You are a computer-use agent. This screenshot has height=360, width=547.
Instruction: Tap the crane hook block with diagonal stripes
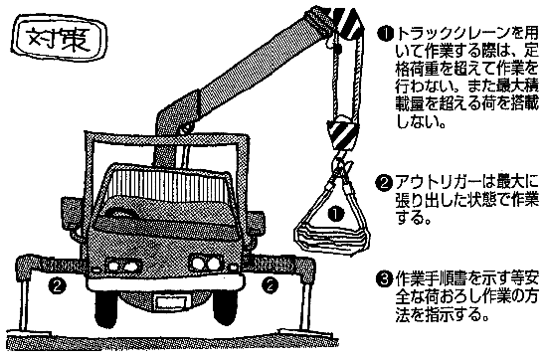pos(342,133)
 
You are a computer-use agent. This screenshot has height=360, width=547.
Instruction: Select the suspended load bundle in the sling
pos(331,238)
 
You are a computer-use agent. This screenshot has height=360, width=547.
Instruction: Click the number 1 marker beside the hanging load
pos(336,214)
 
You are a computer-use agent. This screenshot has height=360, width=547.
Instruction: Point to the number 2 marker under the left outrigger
pos(58,286)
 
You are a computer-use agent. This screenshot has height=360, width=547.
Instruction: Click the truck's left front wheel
pos(107,309)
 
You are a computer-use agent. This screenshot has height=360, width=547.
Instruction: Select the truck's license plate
pos(168,301)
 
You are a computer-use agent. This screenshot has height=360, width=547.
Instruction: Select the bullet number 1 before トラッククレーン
pos(385,35)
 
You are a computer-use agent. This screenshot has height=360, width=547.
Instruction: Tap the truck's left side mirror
pos(73,212)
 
